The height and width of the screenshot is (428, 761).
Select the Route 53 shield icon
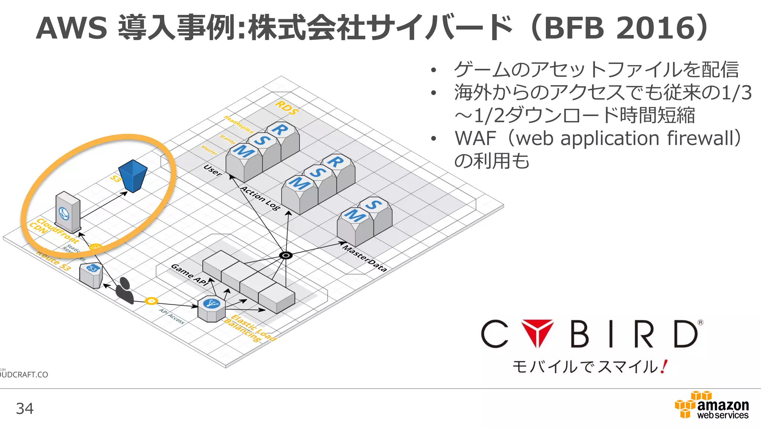pos(91,275)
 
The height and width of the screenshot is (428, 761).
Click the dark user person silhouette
pos(124,291)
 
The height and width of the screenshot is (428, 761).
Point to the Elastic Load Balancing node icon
pos(211,308)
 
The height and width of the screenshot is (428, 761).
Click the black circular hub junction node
pos(286,255)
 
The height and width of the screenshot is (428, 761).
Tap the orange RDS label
pos(286,107)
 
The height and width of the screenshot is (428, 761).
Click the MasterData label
pos(365,258)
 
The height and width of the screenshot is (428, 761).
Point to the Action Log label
pos(260,198)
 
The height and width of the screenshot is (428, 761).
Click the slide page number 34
pos(25,409)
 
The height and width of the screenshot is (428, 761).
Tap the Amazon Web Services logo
pos(712,405)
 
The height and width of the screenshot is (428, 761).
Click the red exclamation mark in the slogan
pos(664,367)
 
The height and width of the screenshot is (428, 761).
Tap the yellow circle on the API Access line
pos(151,301)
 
